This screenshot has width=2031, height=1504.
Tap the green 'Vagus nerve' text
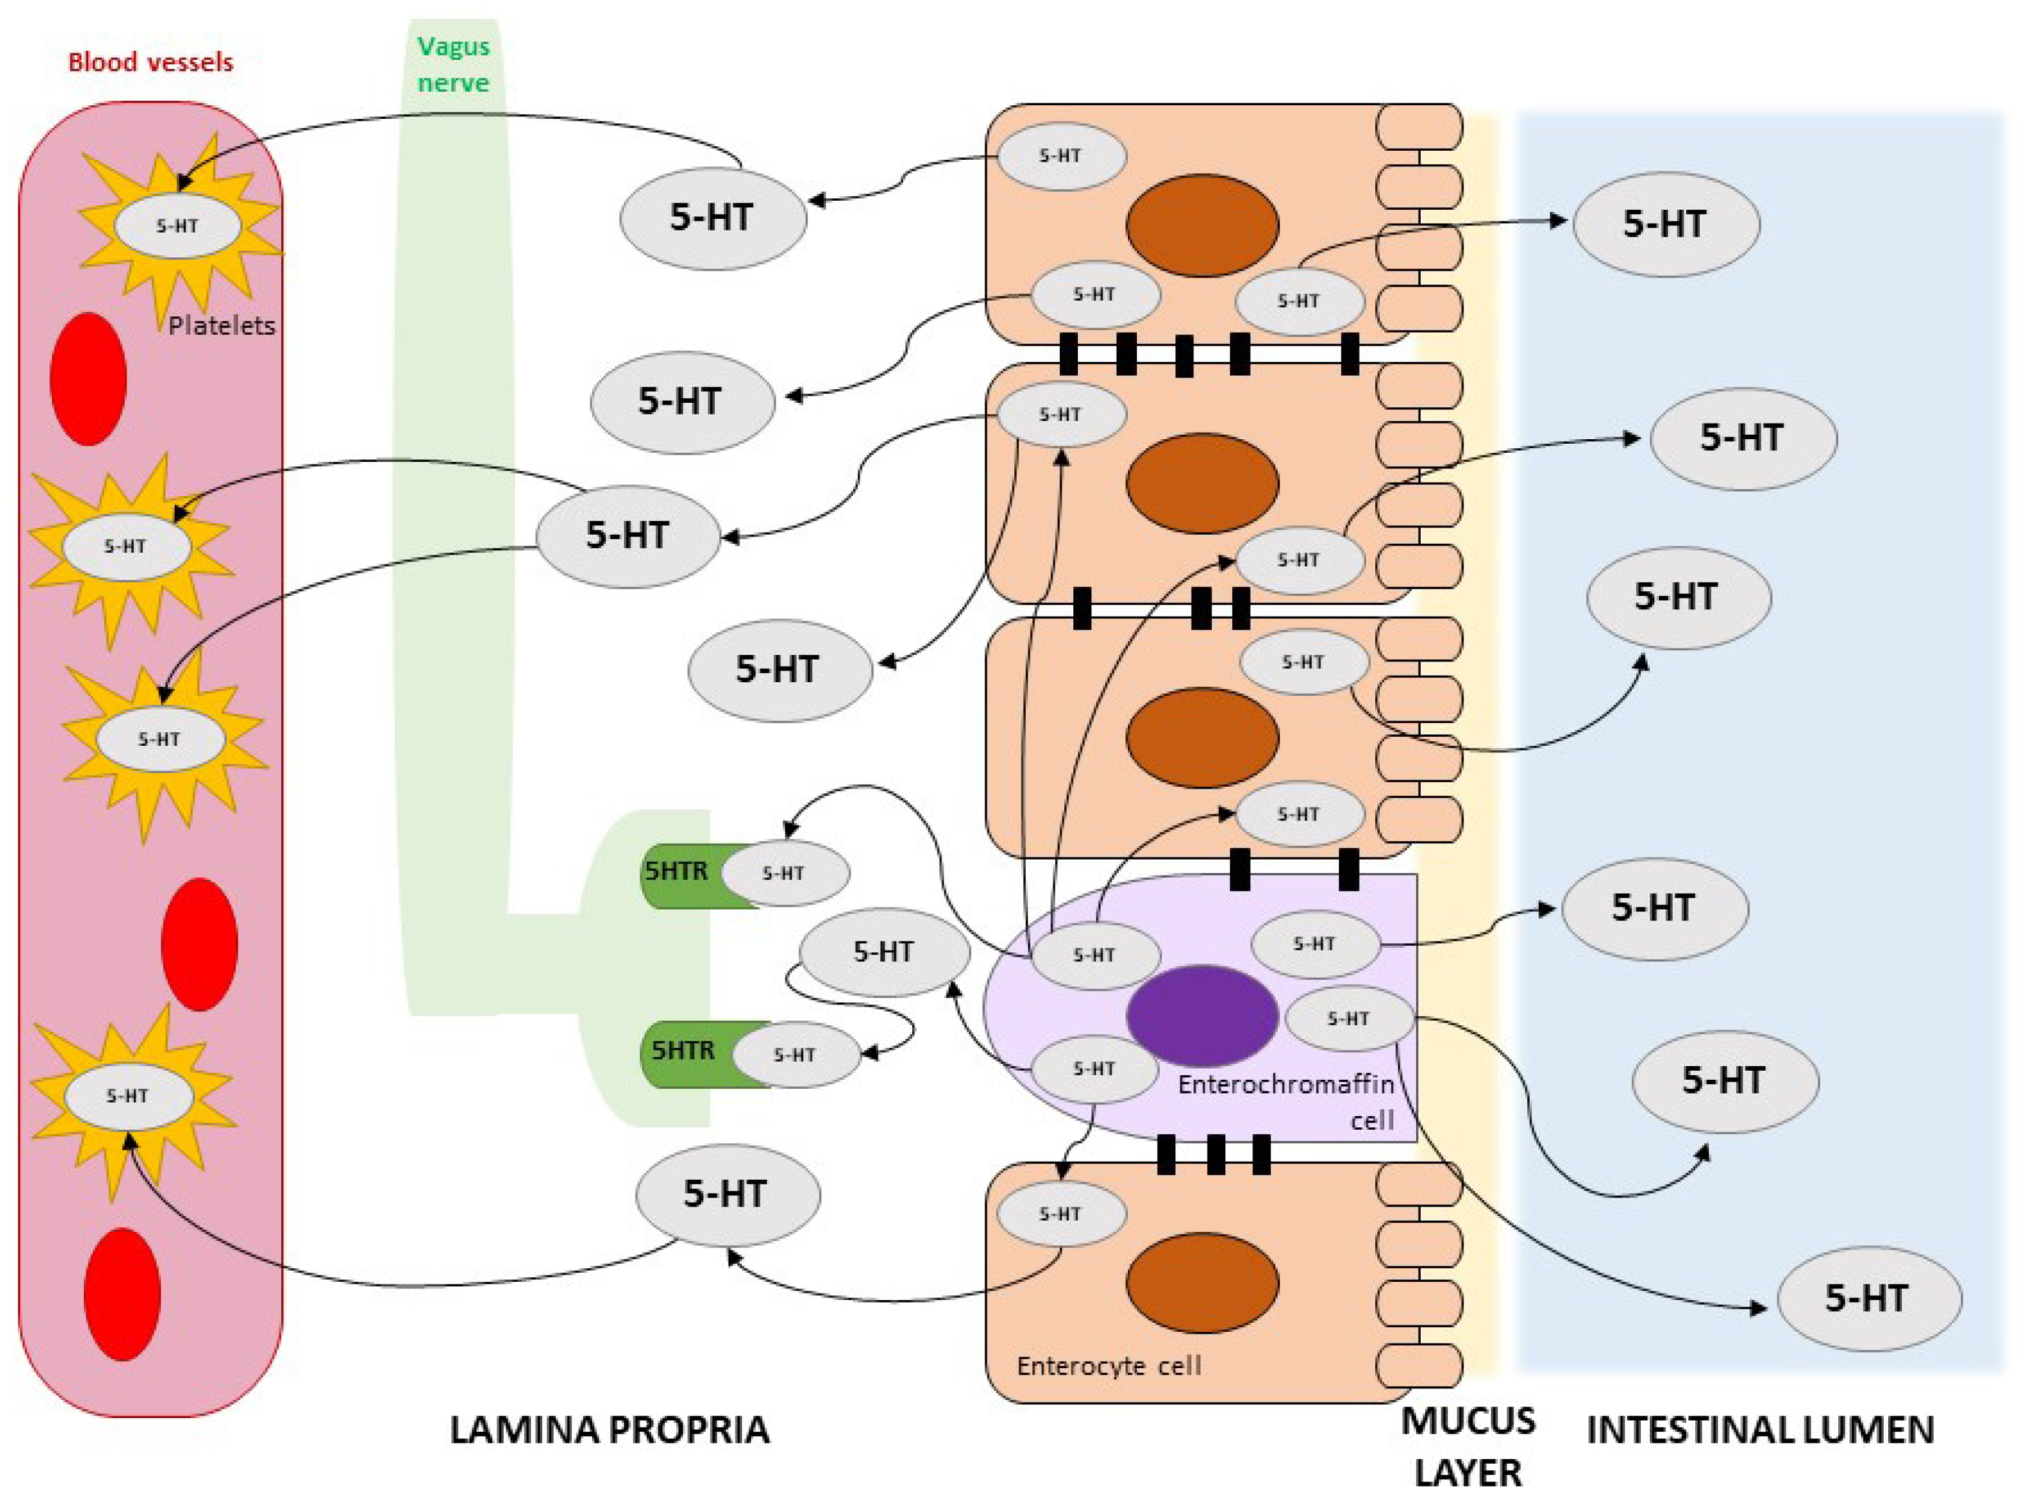(x=453, y=64)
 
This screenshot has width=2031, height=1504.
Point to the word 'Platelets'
(x=221, y=325)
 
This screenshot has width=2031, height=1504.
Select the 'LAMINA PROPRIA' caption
(x=610, y=1429)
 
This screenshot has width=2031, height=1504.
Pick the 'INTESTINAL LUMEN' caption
(x=1761, y=1429)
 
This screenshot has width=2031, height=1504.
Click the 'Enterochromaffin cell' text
(x=1286, y=1102)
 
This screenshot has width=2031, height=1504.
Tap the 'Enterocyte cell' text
(x=1108, y=1366)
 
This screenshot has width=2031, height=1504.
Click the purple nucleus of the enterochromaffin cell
(x=1202, y=1015)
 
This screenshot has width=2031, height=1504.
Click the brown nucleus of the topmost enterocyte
(x=1202, y=225)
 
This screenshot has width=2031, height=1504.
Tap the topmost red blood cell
(x=88, y=379)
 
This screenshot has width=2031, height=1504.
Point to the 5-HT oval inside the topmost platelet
(x=177, y=226)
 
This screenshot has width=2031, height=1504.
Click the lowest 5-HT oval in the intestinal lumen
(x=1869, y=1298)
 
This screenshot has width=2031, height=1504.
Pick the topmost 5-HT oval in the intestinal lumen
(x=1665, y=224)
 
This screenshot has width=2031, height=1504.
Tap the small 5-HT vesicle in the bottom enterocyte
(x=1061, y=1214)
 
